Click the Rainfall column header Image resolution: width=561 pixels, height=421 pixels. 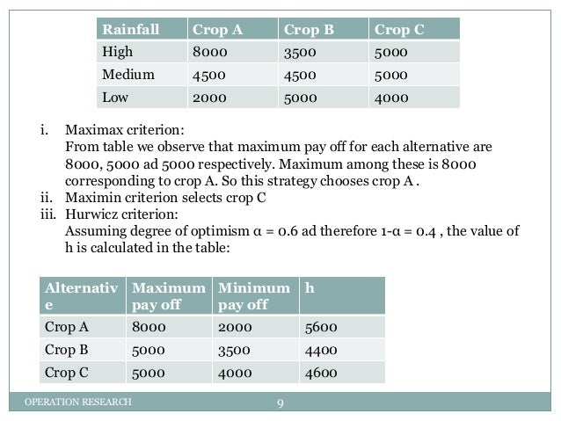pyautogui.click(x=131, y=29)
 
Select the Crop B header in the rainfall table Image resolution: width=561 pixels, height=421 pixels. pyautogui.click(x=309, y=29)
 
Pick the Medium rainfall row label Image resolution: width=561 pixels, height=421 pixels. pyautogui.click(x=127, y=75)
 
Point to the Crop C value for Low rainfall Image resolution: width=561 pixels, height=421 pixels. pyautogui.click(x=390, y=98)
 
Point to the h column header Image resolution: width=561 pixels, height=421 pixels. pyautogui.click(x=307, y=287)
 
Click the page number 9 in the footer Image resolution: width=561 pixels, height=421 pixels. pyautogui.click(x=280, y=403)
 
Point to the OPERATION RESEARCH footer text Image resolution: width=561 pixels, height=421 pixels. pyautogui.click(x=77, y=403)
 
